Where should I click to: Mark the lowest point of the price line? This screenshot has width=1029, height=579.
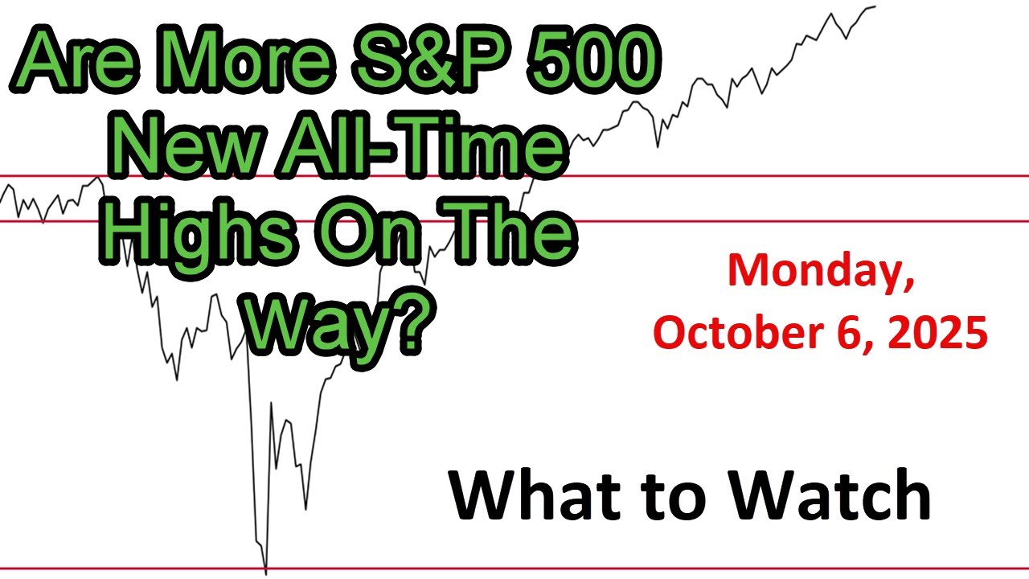[x=266, y=574]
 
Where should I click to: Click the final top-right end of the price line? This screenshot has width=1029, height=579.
[x=875, y=6]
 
